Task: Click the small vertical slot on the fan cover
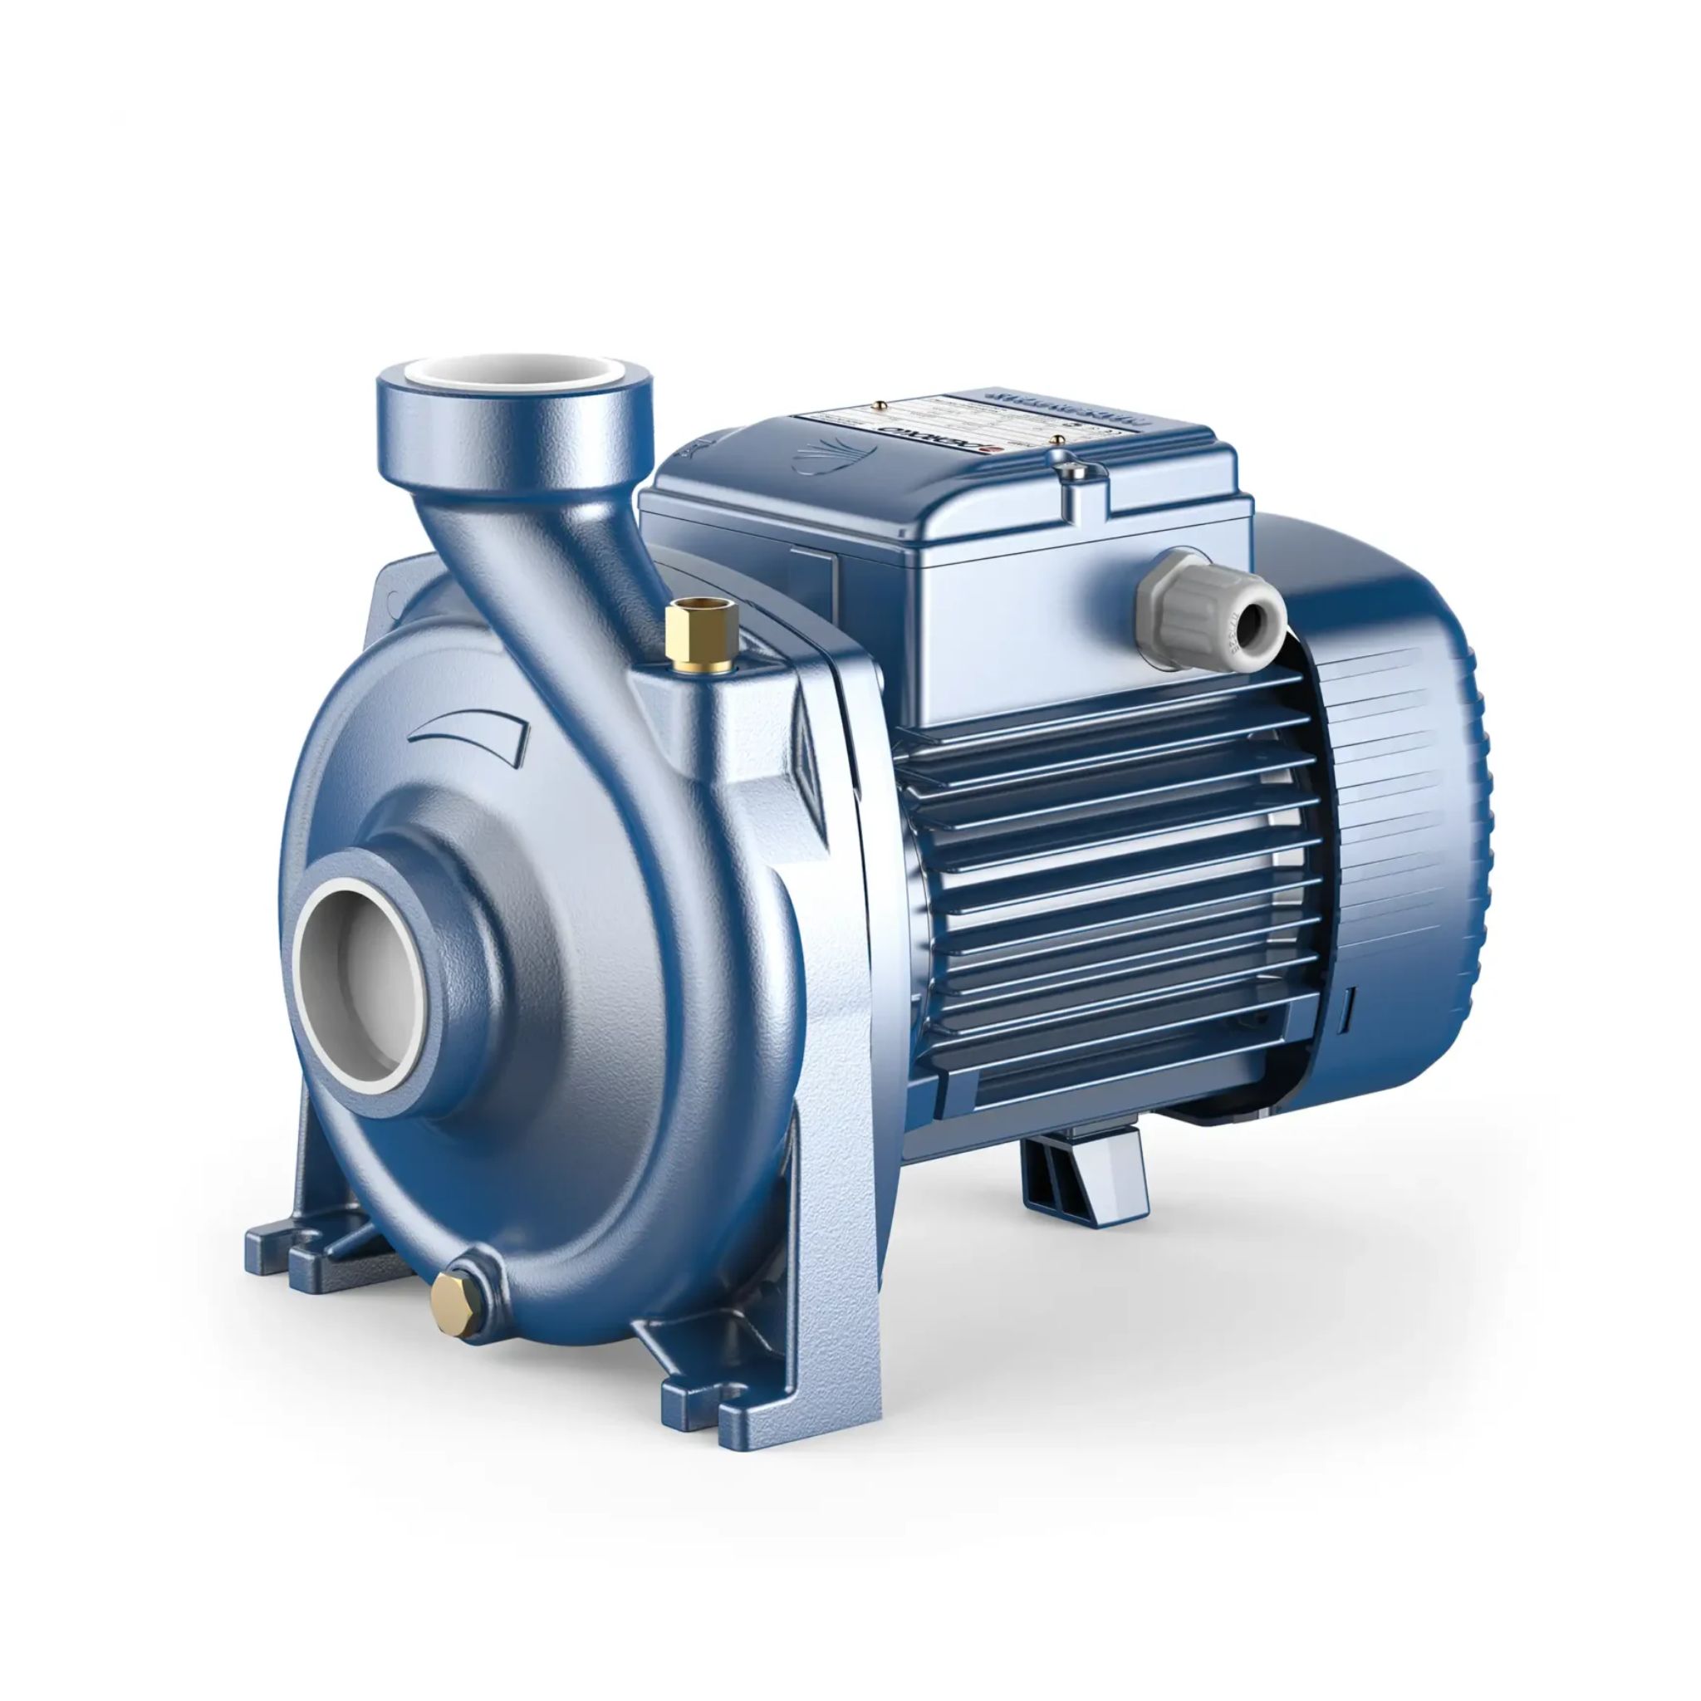(1350, 1007)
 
